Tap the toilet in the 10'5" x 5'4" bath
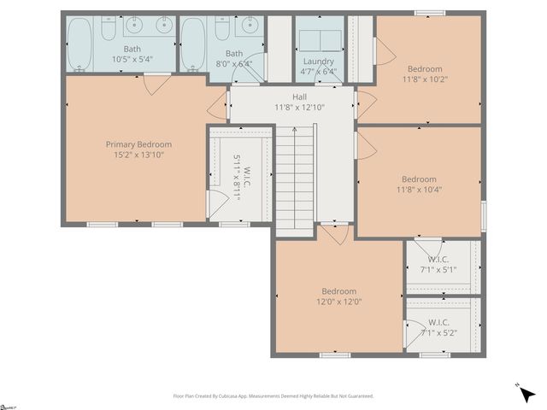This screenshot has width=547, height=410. point(109,31)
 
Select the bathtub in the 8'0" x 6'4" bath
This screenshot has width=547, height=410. point(192,42)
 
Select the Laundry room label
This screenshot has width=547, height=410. point(319,61)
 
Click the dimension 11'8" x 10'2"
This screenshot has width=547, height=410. point(425,79)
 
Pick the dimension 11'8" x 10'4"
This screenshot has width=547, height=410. point(419,190)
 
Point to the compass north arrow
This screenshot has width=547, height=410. point(526,393)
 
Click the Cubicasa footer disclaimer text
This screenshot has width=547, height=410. point(273,396)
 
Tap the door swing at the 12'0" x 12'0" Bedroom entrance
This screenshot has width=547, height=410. point(335,233)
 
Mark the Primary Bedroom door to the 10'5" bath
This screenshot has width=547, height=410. point(156,84)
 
